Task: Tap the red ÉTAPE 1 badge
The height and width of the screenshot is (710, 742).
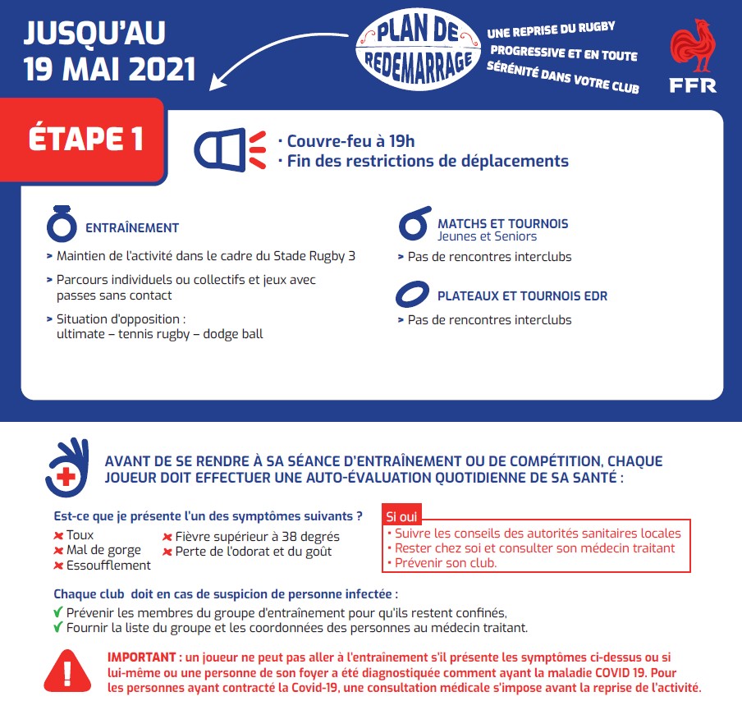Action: (85, 139)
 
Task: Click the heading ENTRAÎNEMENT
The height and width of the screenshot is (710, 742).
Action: (131, 227)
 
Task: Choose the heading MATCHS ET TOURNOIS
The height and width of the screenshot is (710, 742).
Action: (502, 223)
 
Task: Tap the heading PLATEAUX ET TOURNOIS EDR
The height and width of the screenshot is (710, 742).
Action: (522, 295)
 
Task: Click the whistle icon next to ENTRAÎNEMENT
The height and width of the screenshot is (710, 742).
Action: (61, 222)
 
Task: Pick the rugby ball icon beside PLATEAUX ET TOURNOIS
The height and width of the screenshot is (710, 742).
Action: (412, 294)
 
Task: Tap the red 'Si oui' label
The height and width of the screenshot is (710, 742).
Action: (401, 517)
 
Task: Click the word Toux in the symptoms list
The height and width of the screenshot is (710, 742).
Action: (80, 536)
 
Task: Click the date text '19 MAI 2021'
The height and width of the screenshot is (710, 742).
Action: (110, 69)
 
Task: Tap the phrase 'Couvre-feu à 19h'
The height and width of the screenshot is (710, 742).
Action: (350, 141)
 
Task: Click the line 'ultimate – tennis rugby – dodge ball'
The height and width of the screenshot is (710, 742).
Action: (159, 334)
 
